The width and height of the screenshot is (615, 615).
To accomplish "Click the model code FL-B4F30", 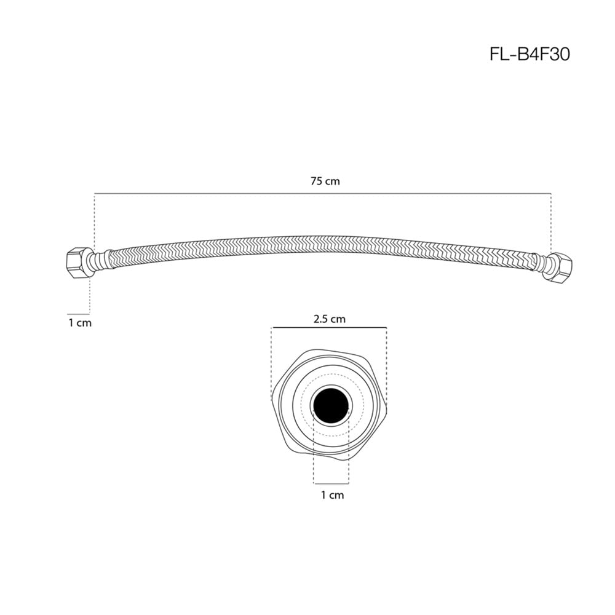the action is tap(530, 55).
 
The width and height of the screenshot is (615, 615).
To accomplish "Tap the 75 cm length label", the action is tap(325, 181).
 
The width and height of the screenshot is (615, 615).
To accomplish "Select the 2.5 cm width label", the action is tap(330, 319).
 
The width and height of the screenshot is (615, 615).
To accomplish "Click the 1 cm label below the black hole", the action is tap(332, 495).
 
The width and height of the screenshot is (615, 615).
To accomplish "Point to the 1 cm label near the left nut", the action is tap(80, 323).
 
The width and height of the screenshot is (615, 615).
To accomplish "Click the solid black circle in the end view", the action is tap(331, 406).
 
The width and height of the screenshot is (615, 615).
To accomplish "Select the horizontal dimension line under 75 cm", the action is tap(323, 193).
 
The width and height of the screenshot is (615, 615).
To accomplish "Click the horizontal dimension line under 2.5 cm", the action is tap(329, 327).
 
